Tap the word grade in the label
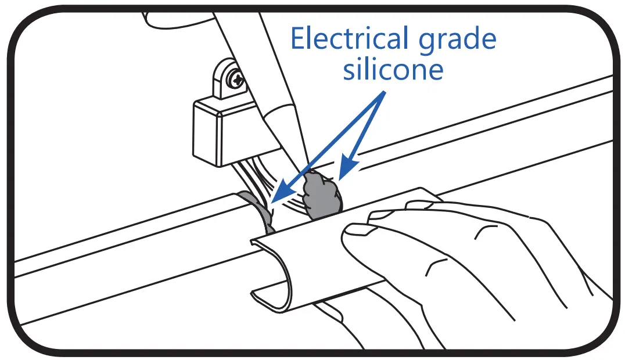[461, 39]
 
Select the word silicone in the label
[393, 70]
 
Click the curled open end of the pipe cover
[272, 273]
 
